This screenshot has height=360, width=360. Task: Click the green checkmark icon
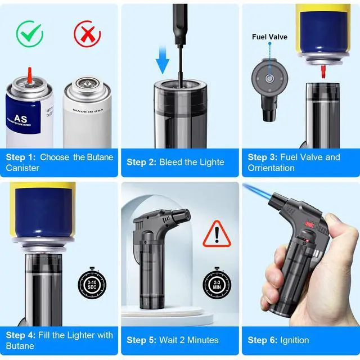[30, 34]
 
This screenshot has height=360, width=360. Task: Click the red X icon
[87, 34]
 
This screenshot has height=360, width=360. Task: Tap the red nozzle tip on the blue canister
[29, 73]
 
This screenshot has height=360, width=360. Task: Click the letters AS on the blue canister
[21, 119]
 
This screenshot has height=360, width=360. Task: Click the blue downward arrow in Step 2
[163, 61]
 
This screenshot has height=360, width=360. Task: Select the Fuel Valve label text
[269, 37]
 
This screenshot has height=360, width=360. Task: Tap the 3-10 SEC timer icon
[91, 282]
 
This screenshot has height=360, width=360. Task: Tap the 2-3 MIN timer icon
[217, 282]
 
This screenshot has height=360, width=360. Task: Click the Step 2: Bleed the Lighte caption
[175, 162]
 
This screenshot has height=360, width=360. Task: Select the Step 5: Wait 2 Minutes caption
[172, 340]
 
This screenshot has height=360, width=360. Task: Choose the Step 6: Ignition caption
[278, 340]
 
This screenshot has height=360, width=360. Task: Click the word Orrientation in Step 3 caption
[271, 168]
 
